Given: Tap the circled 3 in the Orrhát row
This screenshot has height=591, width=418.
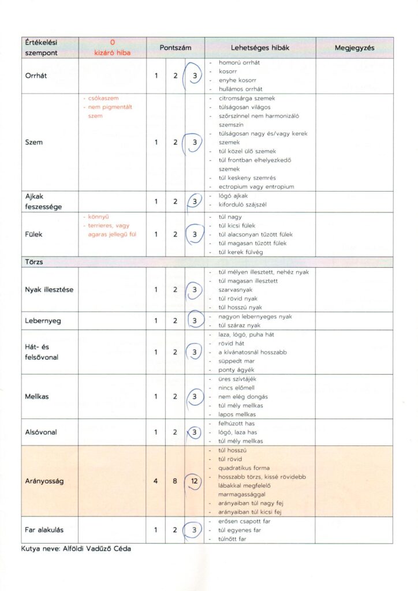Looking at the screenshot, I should coord(195,76).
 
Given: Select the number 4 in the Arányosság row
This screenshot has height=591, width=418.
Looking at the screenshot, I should coord(156,481).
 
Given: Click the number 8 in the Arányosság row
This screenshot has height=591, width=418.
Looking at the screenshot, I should coord(175,481).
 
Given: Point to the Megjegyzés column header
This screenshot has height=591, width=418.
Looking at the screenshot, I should coord(354,48).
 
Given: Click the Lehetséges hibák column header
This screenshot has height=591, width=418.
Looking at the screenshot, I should coord(259,48).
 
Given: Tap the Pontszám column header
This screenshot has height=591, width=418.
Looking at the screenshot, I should coord(175,48).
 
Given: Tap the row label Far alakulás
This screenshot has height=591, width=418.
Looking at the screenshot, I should coord(44,530).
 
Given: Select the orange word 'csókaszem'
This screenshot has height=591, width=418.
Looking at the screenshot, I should coord(103,98).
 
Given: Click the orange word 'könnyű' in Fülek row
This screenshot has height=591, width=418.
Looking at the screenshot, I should coord(99,217).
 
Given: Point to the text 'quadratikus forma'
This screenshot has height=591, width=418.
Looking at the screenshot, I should coord(244,467).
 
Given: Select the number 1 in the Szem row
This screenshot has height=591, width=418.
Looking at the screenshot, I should coord(156,142).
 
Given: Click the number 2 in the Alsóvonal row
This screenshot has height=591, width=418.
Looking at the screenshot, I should coord(175,432).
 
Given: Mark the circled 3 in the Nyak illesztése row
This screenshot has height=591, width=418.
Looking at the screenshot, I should coord(195,289).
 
